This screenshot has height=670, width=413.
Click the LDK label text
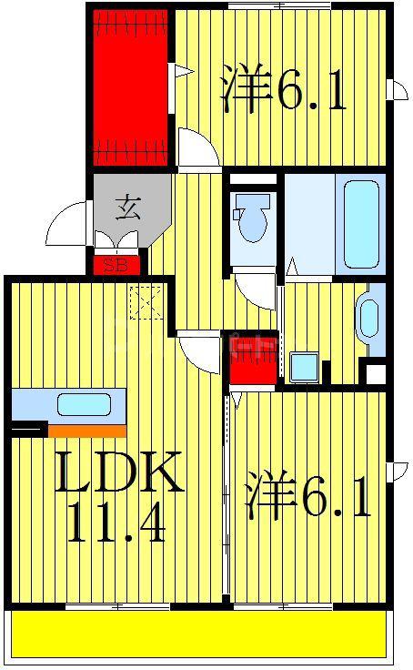pos(118,472)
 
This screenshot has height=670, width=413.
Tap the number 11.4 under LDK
pos(116,523)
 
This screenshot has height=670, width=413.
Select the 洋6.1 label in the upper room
pos(283,89)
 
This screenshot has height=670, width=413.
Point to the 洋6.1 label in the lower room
pos(307,494)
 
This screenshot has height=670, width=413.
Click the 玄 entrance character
pos(128,208)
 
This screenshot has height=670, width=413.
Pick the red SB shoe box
pos(116,265)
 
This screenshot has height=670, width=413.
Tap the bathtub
pos(361,224)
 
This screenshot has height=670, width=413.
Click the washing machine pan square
pos(304,367)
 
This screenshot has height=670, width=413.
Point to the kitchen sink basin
pos(84,404)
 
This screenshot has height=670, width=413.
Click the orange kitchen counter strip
pos(87,431)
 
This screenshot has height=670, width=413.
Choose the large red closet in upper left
pos(130,87)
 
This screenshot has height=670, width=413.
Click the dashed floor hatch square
pos(146,302)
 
